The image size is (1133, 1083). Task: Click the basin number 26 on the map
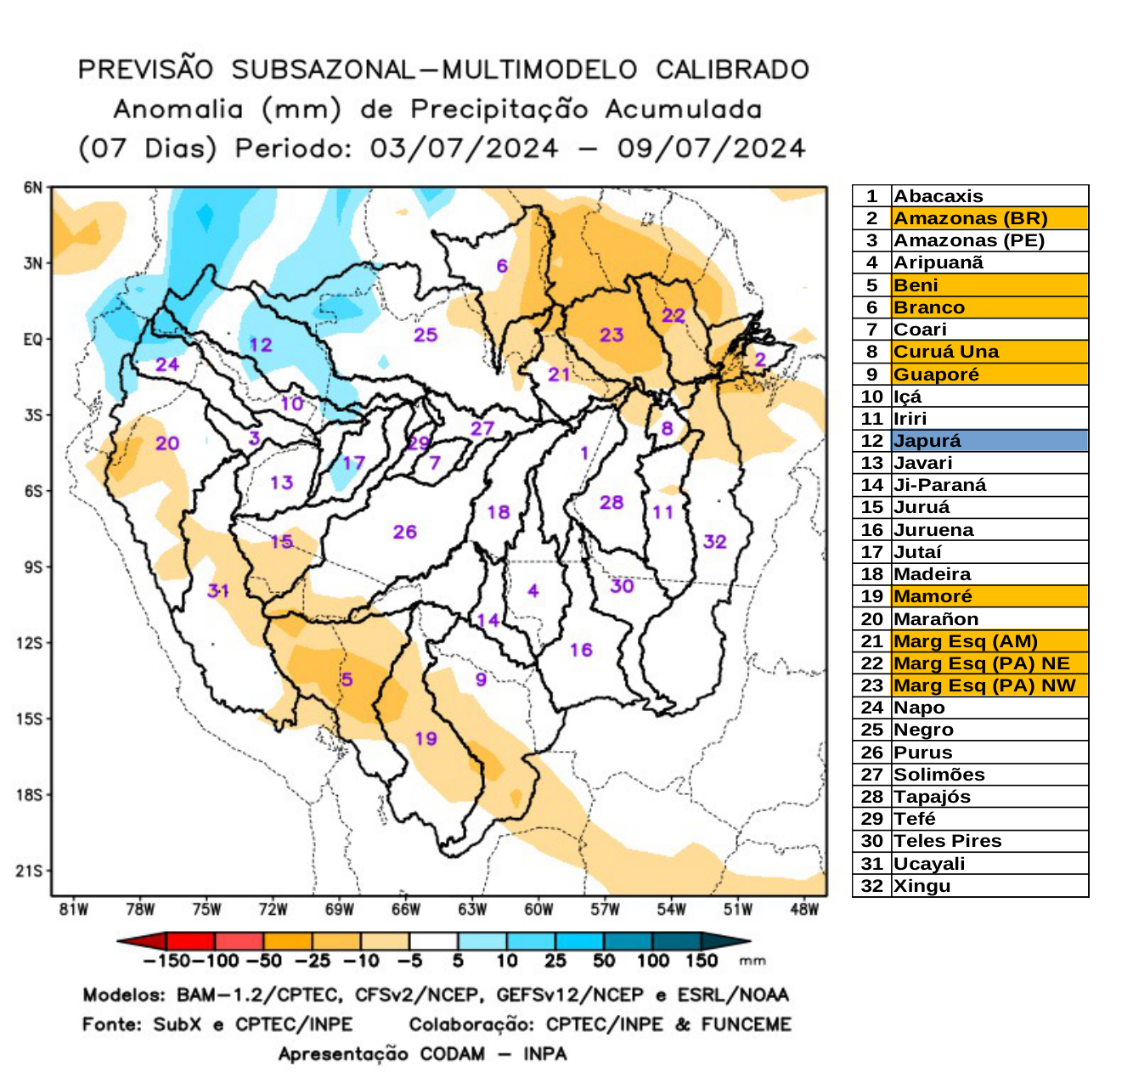coord(404,532)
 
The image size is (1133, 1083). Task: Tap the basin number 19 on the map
coord(426,738)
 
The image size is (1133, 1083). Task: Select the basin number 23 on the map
coord(612,335)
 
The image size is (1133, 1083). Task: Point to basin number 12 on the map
coord(261,345)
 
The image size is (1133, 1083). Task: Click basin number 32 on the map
coord(714,542)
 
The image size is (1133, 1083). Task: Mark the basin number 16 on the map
coord(581,650)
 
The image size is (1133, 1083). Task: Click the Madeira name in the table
coord(932,574)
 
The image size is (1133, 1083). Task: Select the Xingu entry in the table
coord(922,886)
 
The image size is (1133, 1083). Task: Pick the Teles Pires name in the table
coord(947,841)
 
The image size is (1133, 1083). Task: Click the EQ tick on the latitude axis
coord(32,340)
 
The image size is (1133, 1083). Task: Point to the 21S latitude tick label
coord(29,871)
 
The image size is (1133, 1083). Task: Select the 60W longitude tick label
coord(538,910)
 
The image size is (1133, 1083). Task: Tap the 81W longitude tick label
coord(74,910)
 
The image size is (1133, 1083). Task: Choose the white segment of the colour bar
coord(433,941)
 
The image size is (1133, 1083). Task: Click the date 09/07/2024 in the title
coord(710,148)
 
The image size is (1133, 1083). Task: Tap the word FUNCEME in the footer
coord(746,1024)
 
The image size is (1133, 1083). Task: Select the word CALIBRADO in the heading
coord(732,70)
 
